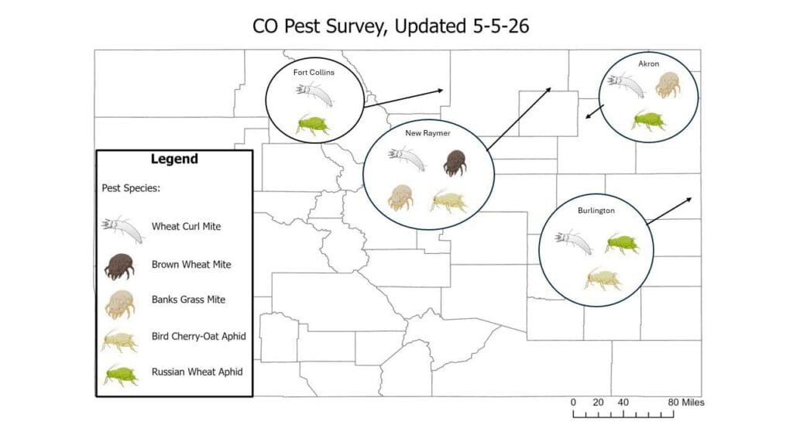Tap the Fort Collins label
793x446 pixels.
point(314,72)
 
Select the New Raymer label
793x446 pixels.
point(427,133)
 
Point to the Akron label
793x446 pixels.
point(648,63)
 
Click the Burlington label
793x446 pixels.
point(596,211)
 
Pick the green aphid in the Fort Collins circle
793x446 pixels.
point(313,124)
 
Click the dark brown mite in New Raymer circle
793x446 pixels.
point(455,163)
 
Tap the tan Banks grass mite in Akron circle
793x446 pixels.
point(668,84)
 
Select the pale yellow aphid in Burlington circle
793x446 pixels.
point(603,280)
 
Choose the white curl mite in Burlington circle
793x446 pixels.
point(574,242)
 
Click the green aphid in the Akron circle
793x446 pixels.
point(648,121)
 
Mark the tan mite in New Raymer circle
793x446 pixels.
point(400,197)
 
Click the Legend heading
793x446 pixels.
point(174,159)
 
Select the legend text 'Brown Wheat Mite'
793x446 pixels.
point(191,265)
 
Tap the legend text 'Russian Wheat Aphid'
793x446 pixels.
point(197,372)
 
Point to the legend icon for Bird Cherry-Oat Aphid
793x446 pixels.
point(119,341)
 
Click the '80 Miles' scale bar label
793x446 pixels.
point(686,403)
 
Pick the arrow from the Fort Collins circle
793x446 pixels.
point(403,98)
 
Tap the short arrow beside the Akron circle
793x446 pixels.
point(595,111)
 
